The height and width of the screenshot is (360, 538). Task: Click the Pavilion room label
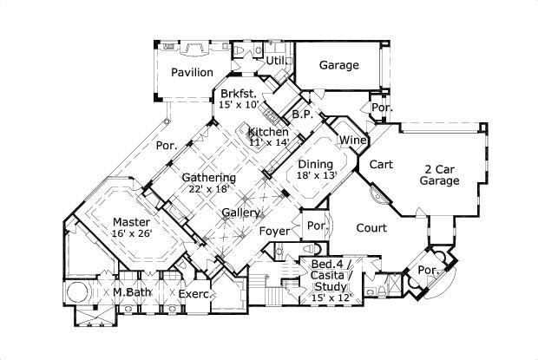point(192,73)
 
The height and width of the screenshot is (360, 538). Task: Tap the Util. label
point(276,61)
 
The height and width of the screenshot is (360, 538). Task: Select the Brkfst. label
point(237,94)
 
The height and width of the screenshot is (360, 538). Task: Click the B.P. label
point(302,114)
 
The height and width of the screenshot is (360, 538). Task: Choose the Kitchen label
point(268,132)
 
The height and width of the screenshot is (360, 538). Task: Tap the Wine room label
point(351,140)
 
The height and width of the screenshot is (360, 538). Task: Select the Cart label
point(382,164)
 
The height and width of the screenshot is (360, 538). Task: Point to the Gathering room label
point(208,177)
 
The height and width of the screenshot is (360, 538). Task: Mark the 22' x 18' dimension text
point(208,188)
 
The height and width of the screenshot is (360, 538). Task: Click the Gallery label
point(239,213)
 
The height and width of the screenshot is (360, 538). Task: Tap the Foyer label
point(275,231)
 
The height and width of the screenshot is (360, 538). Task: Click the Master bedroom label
point(131,221)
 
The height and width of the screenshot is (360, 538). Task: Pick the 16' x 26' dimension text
point(131,232)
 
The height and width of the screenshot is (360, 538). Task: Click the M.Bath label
point(133,292)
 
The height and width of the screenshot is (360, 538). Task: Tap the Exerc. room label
point(194,294)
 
